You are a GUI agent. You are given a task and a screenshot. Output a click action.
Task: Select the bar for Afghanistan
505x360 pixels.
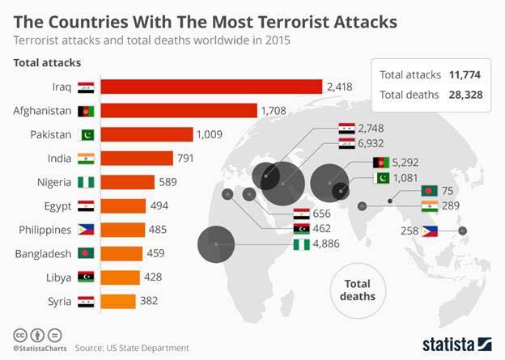[x=179, y=111]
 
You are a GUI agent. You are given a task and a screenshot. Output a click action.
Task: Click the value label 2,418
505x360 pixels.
[x=340, y=87]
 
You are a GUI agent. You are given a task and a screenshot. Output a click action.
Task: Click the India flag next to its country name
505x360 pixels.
[x=86, y=159]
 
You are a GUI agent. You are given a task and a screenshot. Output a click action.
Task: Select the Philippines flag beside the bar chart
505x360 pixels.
[x=86, y=230]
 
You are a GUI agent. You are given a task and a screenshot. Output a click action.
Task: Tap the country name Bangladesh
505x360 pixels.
[x=43, y=254]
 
